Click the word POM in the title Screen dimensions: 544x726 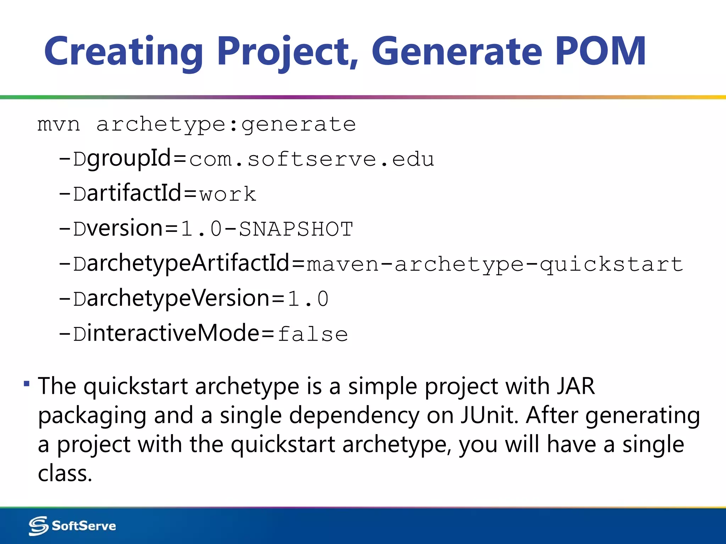pyautogui.click(x=600, y=51)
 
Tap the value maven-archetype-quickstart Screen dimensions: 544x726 pyautogui.click(x=495, y=264)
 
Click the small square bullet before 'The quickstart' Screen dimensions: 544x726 pyautogui.click(x=27, y=384)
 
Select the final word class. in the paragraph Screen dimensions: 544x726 pyautogui.click(x=65, y=474)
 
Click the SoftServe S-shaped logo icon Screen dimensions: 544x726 pyautogui.click(x=38, y=526)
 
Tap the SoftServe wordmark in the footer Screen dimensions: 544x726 pyautogui.click(x=84, y=526)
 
